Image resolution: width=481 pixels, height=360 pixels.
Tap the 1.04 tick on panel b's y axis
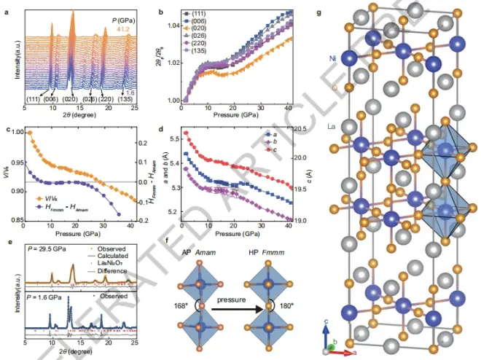170,26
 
